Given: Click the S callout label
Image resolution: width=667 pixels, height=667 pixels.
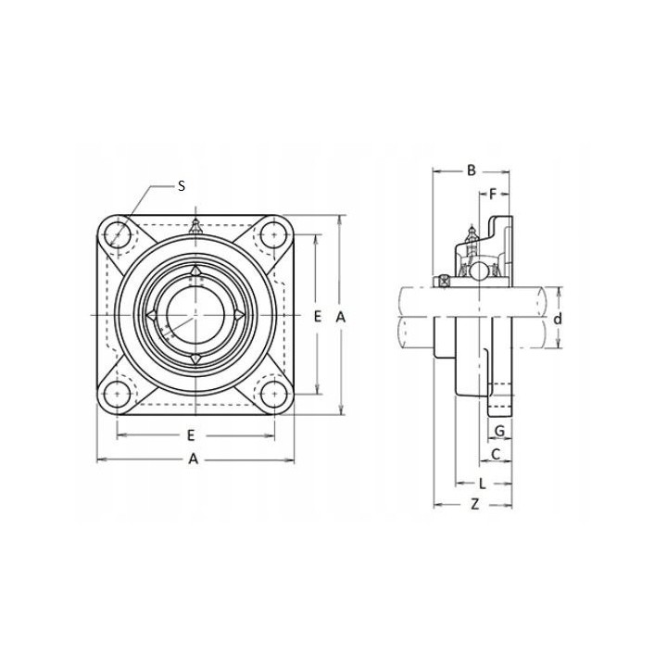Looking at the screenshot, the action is click(x=182, y=186).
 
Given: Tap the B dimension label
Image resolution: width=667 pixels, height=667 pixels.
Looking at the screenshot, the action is click(x=472, y=170).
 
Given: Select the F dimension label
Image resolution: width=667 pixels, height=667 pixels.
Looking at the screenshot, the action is click(x=493, y=195).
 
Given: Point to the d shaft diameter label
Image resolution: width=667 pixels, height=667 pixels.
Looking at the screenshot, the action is click(x=558, y=318).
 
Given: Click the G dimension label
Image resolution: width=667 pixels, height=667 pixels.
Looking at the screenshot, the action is click(x=500, y=431).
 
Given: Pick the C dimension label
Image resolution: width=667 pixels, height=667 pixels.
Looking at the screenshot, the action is click(x=496, y=455).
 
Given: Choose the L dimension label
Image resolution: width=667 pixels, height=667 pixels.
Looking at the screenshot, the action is click(x=483, y=484).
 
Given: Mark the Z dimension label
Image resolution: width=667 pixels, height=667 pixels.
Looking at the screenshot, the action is click(x=475, y=505).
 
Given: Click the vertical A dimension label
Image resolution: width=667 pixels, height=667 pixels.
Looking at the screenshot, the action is click(x=340, y=317).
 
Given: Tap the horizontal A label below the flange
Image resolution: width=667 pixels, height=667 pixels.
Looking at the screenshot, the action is click(x=194, y=459).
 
